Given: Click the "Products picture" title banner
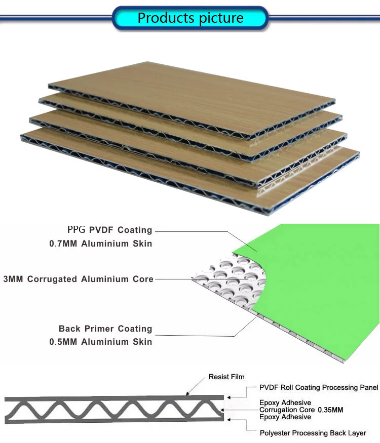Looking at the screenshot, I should (x=190, y=19).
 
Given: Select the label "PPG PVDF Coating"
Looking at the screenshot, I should (x=109, y=230).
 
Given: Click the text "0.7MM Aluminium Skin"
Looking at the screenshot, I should (x=100, y=244).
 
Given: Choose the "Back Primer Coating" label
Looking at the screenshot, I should (x=105, y=329).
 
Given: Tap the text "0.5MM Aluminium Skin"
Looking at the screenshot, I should (x=100, y=342).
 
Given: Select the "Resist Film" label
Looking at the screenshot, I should (x=226, y=377).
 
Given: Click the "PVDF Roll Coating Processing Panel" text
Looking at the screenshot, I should (x=319, y=388).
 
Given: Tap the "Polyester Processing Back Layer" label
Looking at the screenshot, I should (x=313, y=433).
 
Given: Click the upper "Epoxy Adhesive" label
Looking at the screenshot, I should (x=285, y=402).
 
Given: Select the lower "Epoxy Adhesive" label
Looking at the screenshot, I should (x=285, y=417).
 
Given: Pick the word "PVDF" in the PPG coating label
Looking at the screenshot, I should (x=101, y=230).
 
